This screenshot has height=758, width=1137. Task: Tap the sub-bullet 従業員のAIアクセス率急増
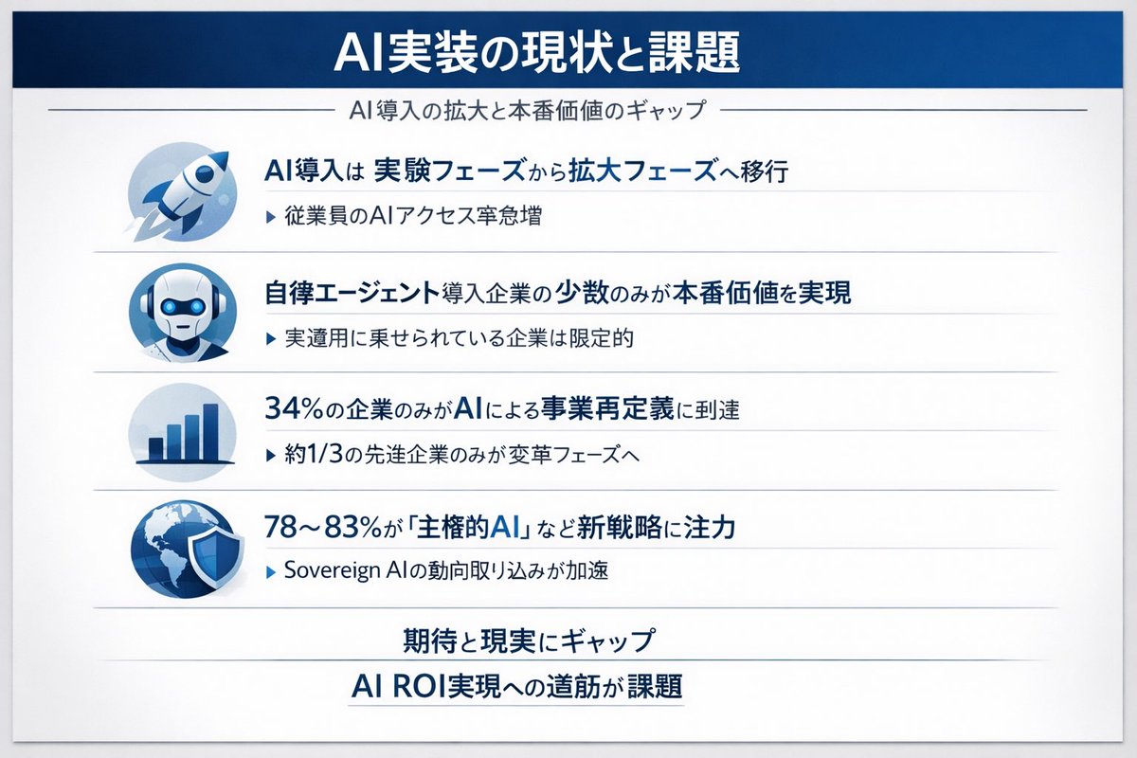413,216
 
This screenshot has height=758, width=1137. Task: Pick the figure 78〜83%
329,528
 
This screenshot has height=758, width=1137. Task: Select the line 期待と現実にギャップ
528,641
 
